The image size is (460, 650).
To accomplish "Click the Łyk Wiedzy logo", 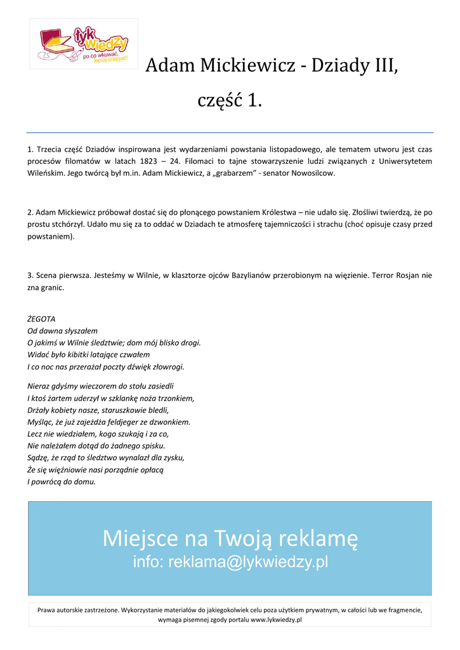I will pos(83,44).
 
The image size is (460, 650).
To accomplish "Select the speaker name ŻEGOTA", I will pos(42,319).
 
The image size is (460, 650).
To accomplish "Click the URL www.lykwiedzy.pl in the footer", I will pos(276,620).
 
